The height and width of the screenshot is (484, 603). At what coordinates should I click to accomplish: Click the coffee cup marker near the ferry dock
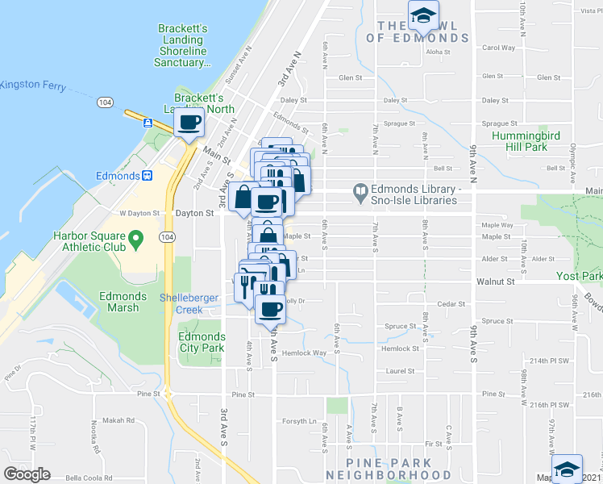click(190, 123)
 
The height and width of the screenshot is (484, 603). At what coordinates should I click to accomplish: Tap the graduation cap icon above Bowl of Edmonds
click(422, 15)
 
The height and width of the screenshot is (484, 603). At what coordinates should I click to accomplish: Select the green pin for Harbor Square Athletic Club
click(136, 238)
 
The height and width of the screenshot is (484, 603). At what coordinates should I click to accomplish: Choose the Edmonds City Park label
click(201, 342)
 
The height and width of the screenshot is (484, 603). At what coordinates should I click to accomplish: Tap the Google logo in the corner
click(27, 474)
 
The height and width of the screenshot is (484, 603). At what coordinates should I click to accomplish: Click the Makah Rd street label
click(118, 420)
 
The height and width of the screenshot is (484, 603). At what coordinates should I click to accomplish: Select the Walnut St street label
click(495, 282)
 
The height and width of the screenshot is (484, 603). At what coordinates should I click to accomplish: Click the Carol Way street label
click(498, 48)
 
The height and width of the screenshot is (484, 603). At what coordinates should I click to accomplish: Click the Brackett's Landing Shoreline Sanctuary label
click(183, 45)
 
